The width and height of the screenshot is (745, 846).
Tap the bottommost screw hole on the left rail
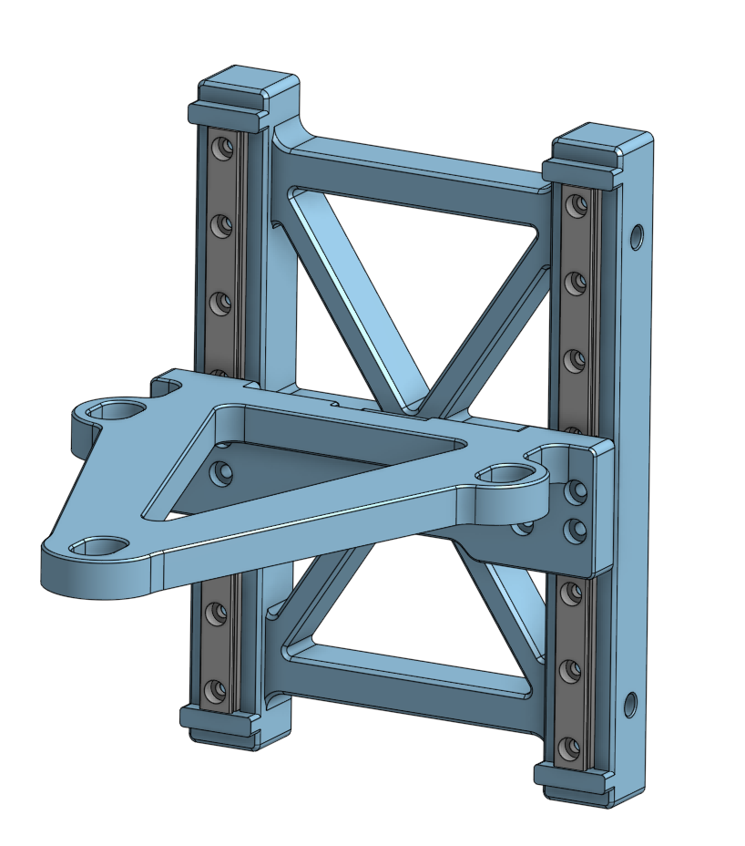(x=215, y=689)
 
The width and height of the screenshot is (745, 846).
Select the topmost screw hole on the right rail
(x=575, y=205)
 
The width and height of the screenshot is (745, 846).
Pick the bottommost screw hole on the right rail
(x=571, y=748)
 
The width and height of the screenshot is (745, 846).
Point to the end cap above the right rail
(x=598, y=150)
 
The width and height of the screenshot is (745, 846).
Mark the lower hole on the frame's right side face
(x=628, y=704)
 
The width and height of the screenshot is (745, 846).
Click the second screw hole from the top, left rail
(x=219, y=222)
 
